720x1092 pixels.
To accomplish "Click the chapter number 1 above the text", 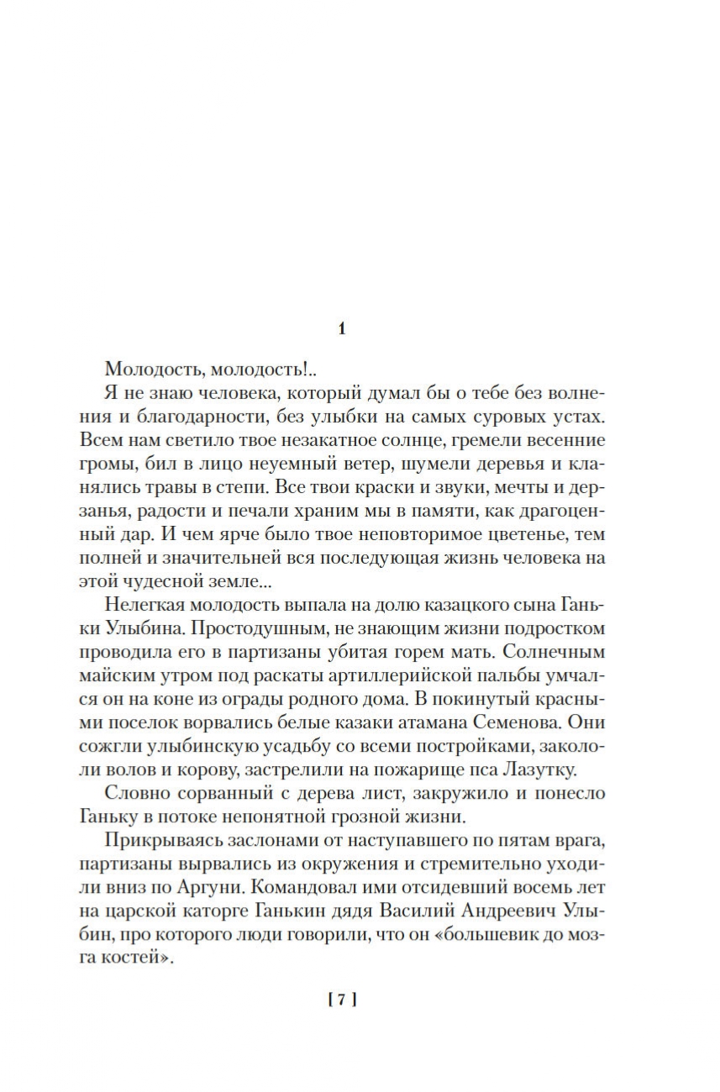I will [341, 329].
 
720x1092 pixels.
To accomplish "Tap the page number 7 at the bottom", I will [342, 1000].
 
